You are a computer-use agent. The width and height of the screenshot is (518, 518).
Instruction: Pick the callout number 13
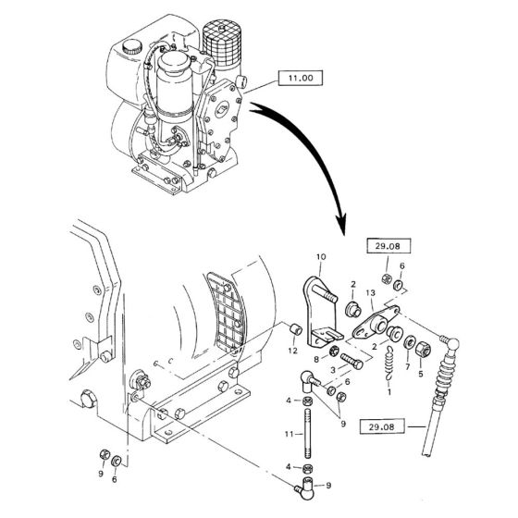[370, 293]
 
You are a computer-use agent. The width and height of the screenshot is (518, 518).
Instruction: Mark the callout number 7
[406, 366]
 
